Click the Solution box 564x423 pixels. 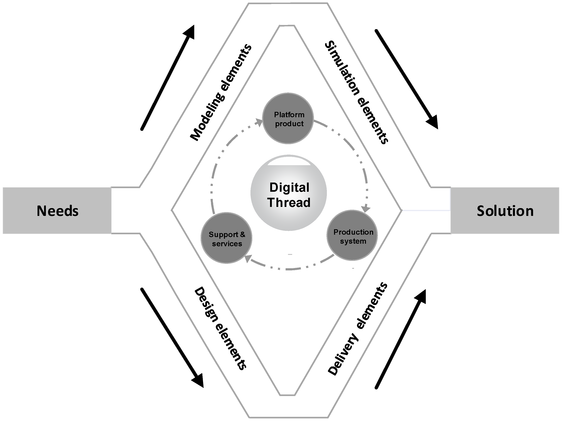[505, 211]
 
